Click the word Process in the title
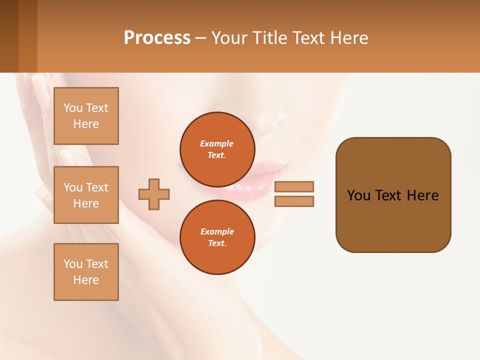(x=157, y=38)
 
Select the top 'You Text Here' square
(x=86, y=116)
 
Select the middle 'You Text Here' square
(x=86, y=195)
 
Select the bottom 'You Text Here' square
(x=86, y=271)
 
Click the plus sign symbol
(x=154, y=194)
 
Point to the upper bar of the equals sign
(x=294, y=186)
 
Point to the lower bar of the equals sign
(x=294, y=201)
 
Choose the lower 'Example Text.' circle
(x=217, y=237)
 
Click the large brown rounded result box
(x=393, y=220)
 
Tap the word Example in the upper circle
(x=217, y=143)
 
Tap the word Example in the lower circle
(x=217, y=231)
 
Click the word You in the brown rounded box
(x=358, y=195)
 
